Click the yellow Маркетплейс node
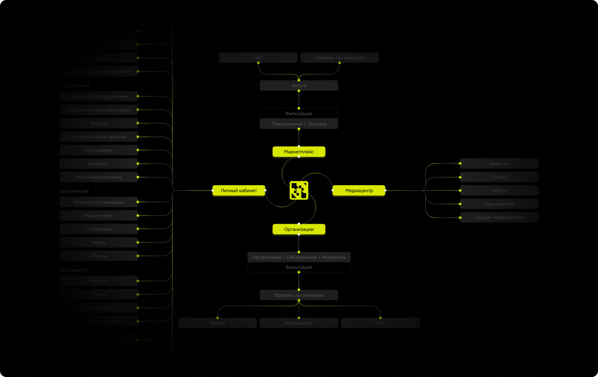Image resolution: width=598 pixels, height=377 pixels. click(299, 152)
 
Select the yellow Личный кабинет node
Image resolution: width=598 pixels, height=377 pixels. click(239, 191)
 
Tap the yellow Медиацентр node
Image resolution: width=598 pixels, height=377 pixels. click(359, 191)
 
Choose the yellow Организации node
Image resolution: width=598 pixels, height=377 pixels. click(299, 229)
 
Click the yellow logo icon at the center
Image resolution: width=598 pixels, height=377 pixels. click(299, 190)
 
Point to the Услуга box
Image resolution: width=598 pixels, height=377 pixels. click(299, 85)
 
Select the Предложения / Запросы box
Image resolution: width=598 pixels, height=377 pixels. click(299, 124)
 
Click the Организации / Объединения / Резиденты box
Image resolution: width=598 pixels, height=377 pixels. click(299, 257)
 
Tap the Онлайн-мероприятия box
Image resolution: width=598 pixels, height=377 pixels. click(499, 217)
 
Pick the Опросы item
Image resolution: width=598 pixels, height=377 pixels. click(99, 123)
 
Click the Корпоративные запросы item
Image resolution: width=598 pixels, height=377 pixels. click(99, 137)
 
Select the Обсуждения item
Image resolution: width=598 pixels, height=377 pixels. click(99, 150)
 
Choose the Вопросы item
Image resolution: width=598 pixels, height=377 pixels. click(99, 163)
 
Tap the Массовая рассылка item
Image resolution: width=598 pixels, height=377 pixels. click(99, 177)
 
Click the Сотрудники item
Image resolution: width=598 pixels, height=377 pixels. click(99, 229)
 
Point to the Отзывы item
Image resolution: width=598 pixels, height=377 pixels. click(99, 256)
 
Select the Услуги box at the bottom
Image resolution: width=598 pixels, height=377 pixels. click(218, 323)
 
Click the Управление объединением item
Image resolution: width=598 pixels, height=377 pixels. click(99, 97)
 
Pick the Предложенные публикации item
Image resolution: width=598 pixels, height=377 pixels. click(99, 110)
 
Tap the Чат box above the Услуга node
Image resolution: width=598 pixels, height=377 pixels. click(258, 58)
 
